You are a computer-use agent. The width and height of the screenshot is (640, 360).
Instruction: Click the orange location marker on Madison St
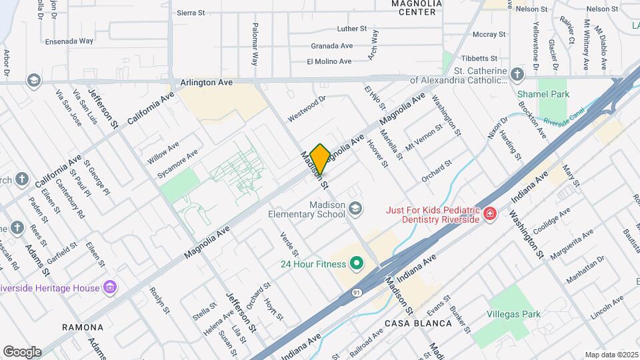pos(320,159)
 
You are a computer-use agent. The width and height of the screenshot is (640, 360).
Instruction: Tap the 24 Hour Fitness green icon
pos(356,264)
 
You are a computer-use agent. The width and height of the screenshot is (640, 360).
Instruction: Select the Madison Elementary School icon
pos(355,209)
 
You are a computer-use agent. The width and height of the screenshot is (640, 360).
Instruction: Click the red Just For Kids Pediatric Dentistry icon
pos(491,214)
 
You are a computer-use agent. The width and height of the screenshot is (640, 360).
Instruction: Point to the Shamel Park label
pos(543,94)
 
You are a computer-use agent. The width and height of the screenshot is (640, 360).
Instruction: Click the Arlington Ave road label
pos(207,83)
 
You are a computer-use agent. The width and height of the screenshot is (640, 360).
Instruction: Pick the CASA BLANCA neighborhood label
pos(417,323)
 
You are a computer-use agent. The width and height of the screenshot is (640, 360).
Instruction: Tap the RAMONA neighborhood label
pos(83,327)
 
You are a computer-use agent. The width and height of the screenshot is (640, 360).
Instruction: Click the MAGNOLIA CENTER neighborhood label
pos(417,7)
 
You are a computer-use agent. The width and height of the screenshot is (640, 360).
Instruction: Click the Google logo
pos(22,351)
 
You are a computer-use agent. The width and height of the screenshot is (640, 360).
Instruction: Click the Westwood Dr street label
pos(307,109)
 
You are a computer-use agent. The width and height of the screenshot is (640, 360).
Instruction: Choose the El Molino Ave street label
pos(329,61)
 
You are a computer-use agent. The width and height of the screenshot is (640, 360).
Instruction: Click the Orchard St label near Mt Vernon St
pos(437,171)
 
